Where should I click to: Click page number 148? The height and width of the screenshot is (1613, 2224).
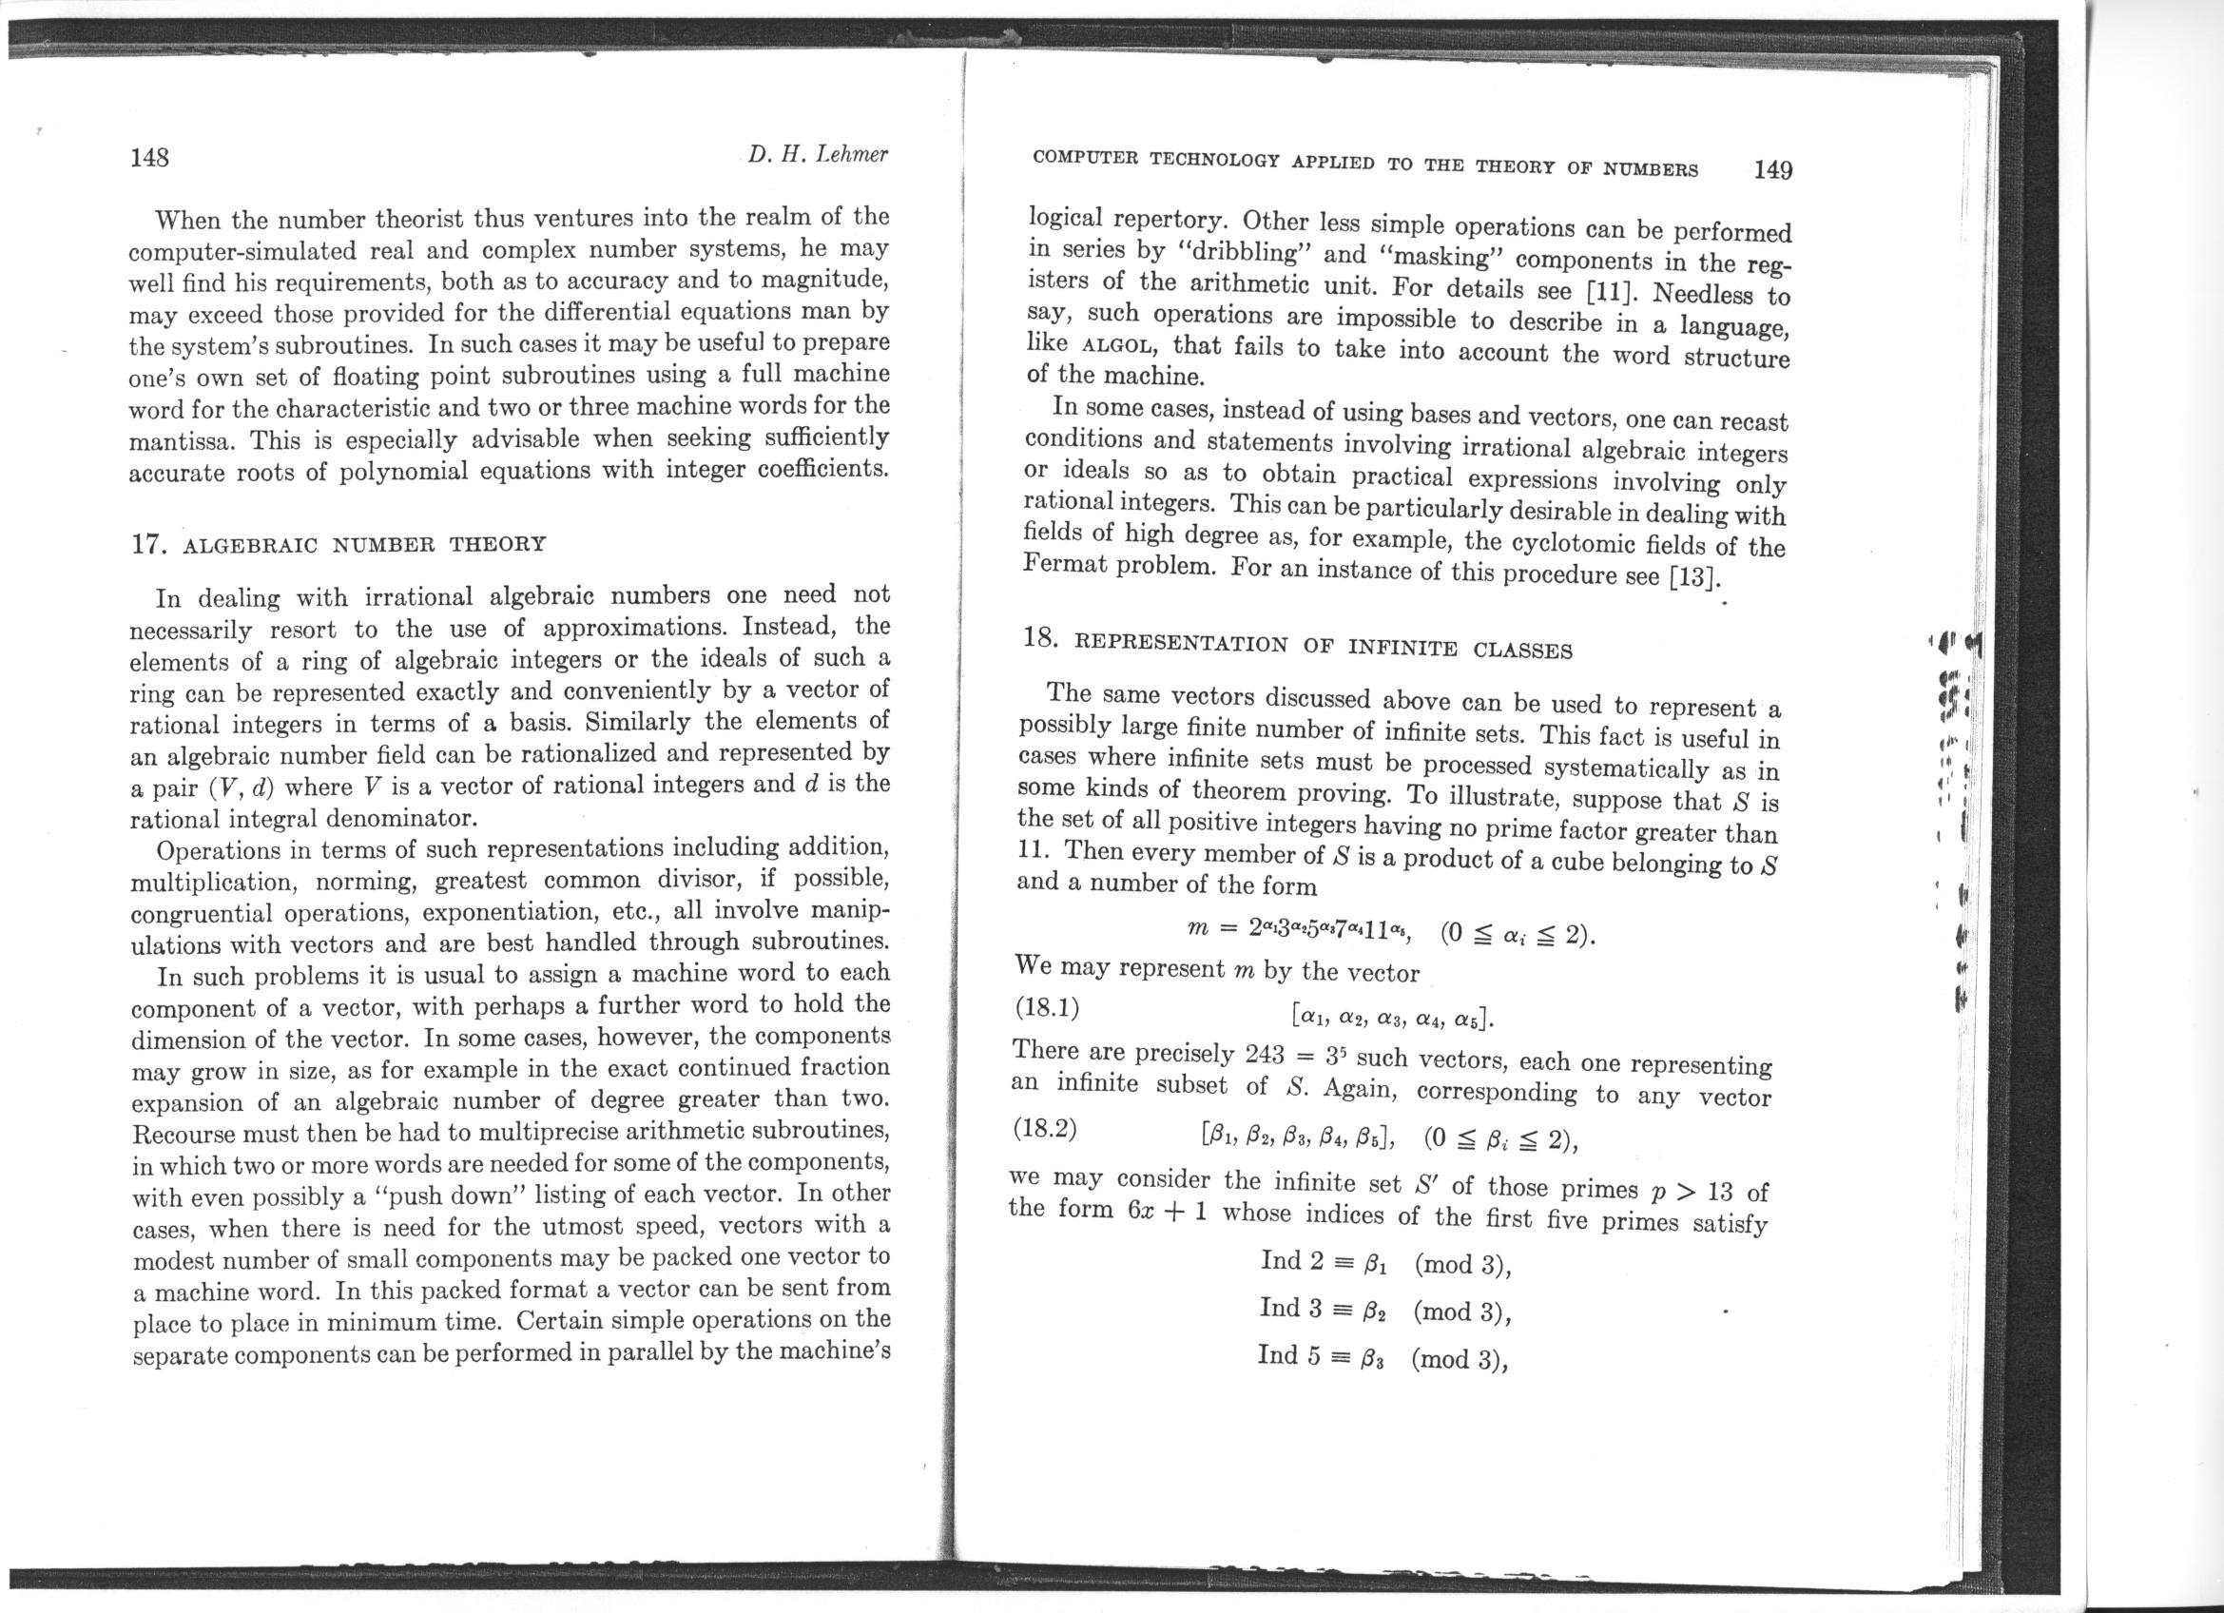pyautogui.click(x=150, y=158)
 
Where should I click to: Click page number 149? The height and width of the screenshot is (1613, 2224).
pyautogui.click(x=1772, y=169)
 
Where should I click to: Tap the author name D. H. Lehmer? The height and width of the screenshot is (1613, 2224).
pyautogui.click(x=817, y=155)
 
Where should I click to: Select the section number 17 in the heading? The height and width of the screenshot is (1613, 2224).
pyautogui.click(x=146, y=544)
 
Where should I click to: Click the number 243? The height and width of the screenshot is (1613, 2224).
pyautogui.click(x=1264, y=1055)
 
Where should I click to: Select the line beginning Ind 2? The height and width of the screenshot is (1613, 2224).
pyautogui.click(x=1384, y=1263)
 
